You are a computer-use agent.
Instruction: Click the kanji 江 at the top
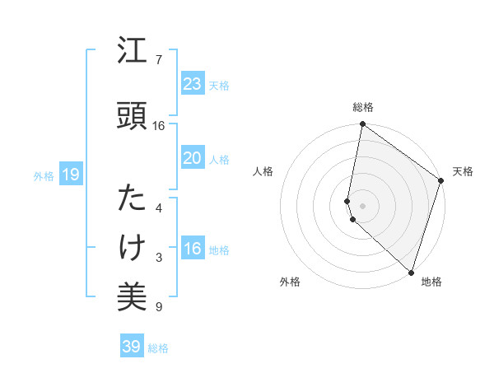[133, 52]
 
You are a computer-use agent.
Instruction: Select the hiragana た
[133, 198]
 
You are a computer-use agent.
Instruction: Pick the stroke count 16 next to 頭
[159, 126]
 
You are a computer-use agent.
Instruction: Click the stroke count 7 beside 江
[158, 60]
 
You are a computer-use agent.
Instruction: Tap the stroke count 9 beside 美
[158, 308]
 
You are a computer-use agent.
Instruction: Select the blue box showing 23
[193, 83]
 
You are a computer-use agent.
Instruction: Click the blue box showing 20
[193, 157]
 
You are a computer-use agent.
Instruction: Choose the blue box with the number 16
[193, 249]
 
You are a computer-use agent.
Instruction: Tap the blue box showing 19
[70, 174]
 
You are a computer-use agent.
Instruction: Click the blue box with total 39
[132, 347]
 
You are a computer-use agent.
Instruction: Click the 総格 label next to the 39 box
[159, 348]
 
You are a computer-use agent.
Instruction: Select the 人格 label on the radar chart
[263, 171]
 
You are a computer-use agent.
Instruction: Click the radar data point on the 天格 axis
[441, 182]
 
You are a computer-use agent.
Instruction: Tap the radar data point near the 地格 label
[411, 272]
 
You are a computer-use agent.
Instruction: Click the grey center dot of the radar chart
[363, 204]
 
